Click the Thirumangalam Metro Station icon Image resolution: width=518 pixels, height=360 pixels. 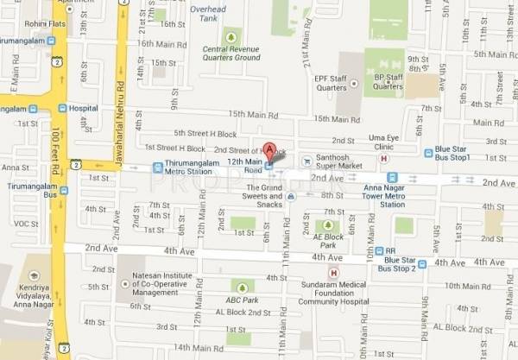tap(157, 167)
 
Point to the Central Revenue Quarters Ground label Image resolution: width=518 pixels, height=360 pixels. tap(231, 54)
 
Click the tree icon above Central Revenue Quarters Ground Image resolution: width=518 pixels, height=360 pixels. tap(231, 36)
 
